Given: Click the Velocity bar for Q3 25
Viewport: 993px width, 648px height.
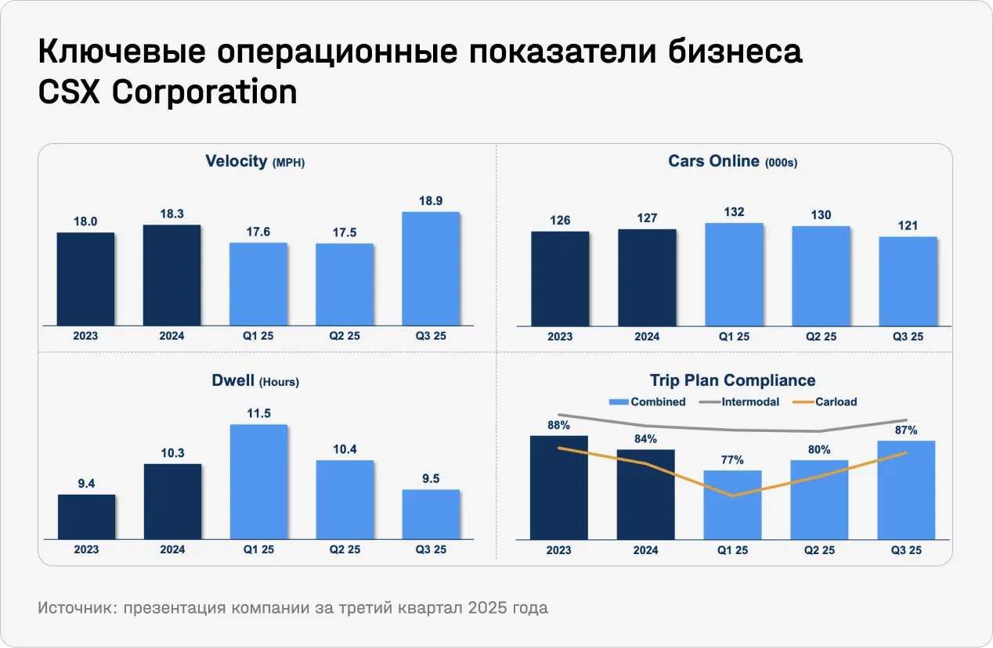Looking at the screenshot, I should click(431, 268).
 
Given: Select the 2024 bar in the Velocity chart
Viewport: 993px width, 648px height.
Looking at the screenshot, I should click(172, 275).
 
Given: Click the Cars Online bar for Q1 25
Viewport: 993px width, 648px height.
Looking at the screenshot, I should click(733, 274).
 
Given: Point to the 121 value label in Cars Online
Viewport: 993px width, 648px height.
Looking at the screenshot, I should click(908, 225).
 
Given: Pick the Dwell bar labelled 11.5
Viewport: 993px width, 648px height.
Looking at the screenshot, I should click(258, 481).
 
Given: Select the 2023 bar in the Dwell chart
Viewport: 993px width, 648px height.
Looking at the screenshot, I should click(86, 517).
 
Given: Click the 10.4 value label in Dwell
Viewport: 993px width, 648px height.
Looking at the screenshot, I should click(345, 449).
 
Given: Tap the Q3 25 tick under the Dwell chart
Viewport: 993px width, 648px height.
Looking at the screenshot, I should click(431, 549).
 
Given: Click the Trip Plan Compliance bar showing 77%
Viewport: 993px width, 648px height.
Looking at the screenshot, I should click(733, 505).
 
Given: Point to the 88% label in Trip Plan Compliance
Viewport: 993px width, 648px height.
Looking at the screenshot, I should click(558, 425).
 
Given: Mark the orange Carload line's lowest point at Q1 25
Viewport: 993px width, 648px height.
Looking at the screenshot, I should click(733, 495).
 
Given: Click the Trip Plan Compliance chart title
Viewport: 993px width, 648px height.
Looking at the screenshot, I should click(732, 380).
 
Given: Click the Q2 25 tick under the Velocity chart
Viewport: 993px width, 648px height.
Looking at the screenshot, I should click(345, 337).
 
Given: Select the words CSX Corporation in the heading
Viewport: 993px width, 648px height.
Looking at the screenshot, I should click(168, 92).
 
